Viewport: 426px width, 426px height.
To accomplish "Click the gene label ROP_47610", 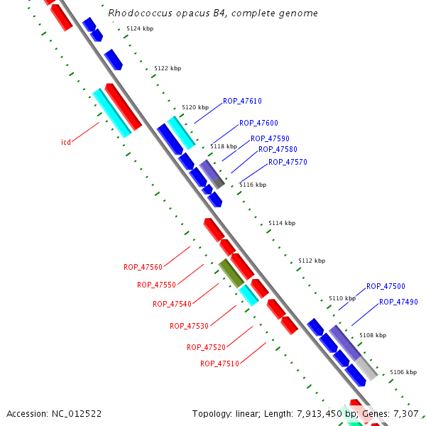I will point(242,101).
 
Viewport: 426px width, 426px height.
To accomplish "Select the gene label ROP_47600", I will point(258,124).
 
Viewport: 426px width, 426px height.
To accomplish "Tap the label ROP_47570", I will point(288,163).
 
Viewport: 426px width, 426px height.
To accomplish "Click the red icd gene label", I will point(65,143).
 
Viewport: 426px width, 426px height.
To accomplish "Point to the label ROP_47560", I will point(143,268).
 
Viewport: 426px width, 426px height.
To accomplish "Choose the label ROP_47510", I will point(219,364).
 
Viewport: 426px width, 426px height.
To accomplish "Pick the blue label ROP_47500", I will point(386,287).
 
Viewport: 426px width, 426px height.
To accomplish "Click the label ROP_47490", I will point(398,302).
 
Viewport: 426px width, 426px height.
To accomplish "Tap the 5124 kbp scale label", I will point(140,29).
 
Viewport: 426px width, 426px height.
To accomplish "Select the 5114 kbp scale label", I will point(282,224).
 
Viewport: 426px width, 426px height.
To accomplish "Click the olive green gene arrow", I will point(231,273).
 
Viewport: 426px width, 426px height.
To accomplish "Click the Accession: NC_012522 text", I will point(54,413).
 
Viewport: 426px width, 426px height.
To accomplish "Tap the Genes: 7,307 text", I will point(394,413).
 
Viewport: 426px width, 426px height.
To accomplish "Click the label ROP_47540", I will point(172,305).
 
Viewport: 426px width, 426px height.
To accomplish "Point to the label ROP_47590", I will point(270,138).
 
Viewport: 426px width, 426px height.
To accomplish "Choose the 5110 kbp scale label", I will point(342,299).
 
